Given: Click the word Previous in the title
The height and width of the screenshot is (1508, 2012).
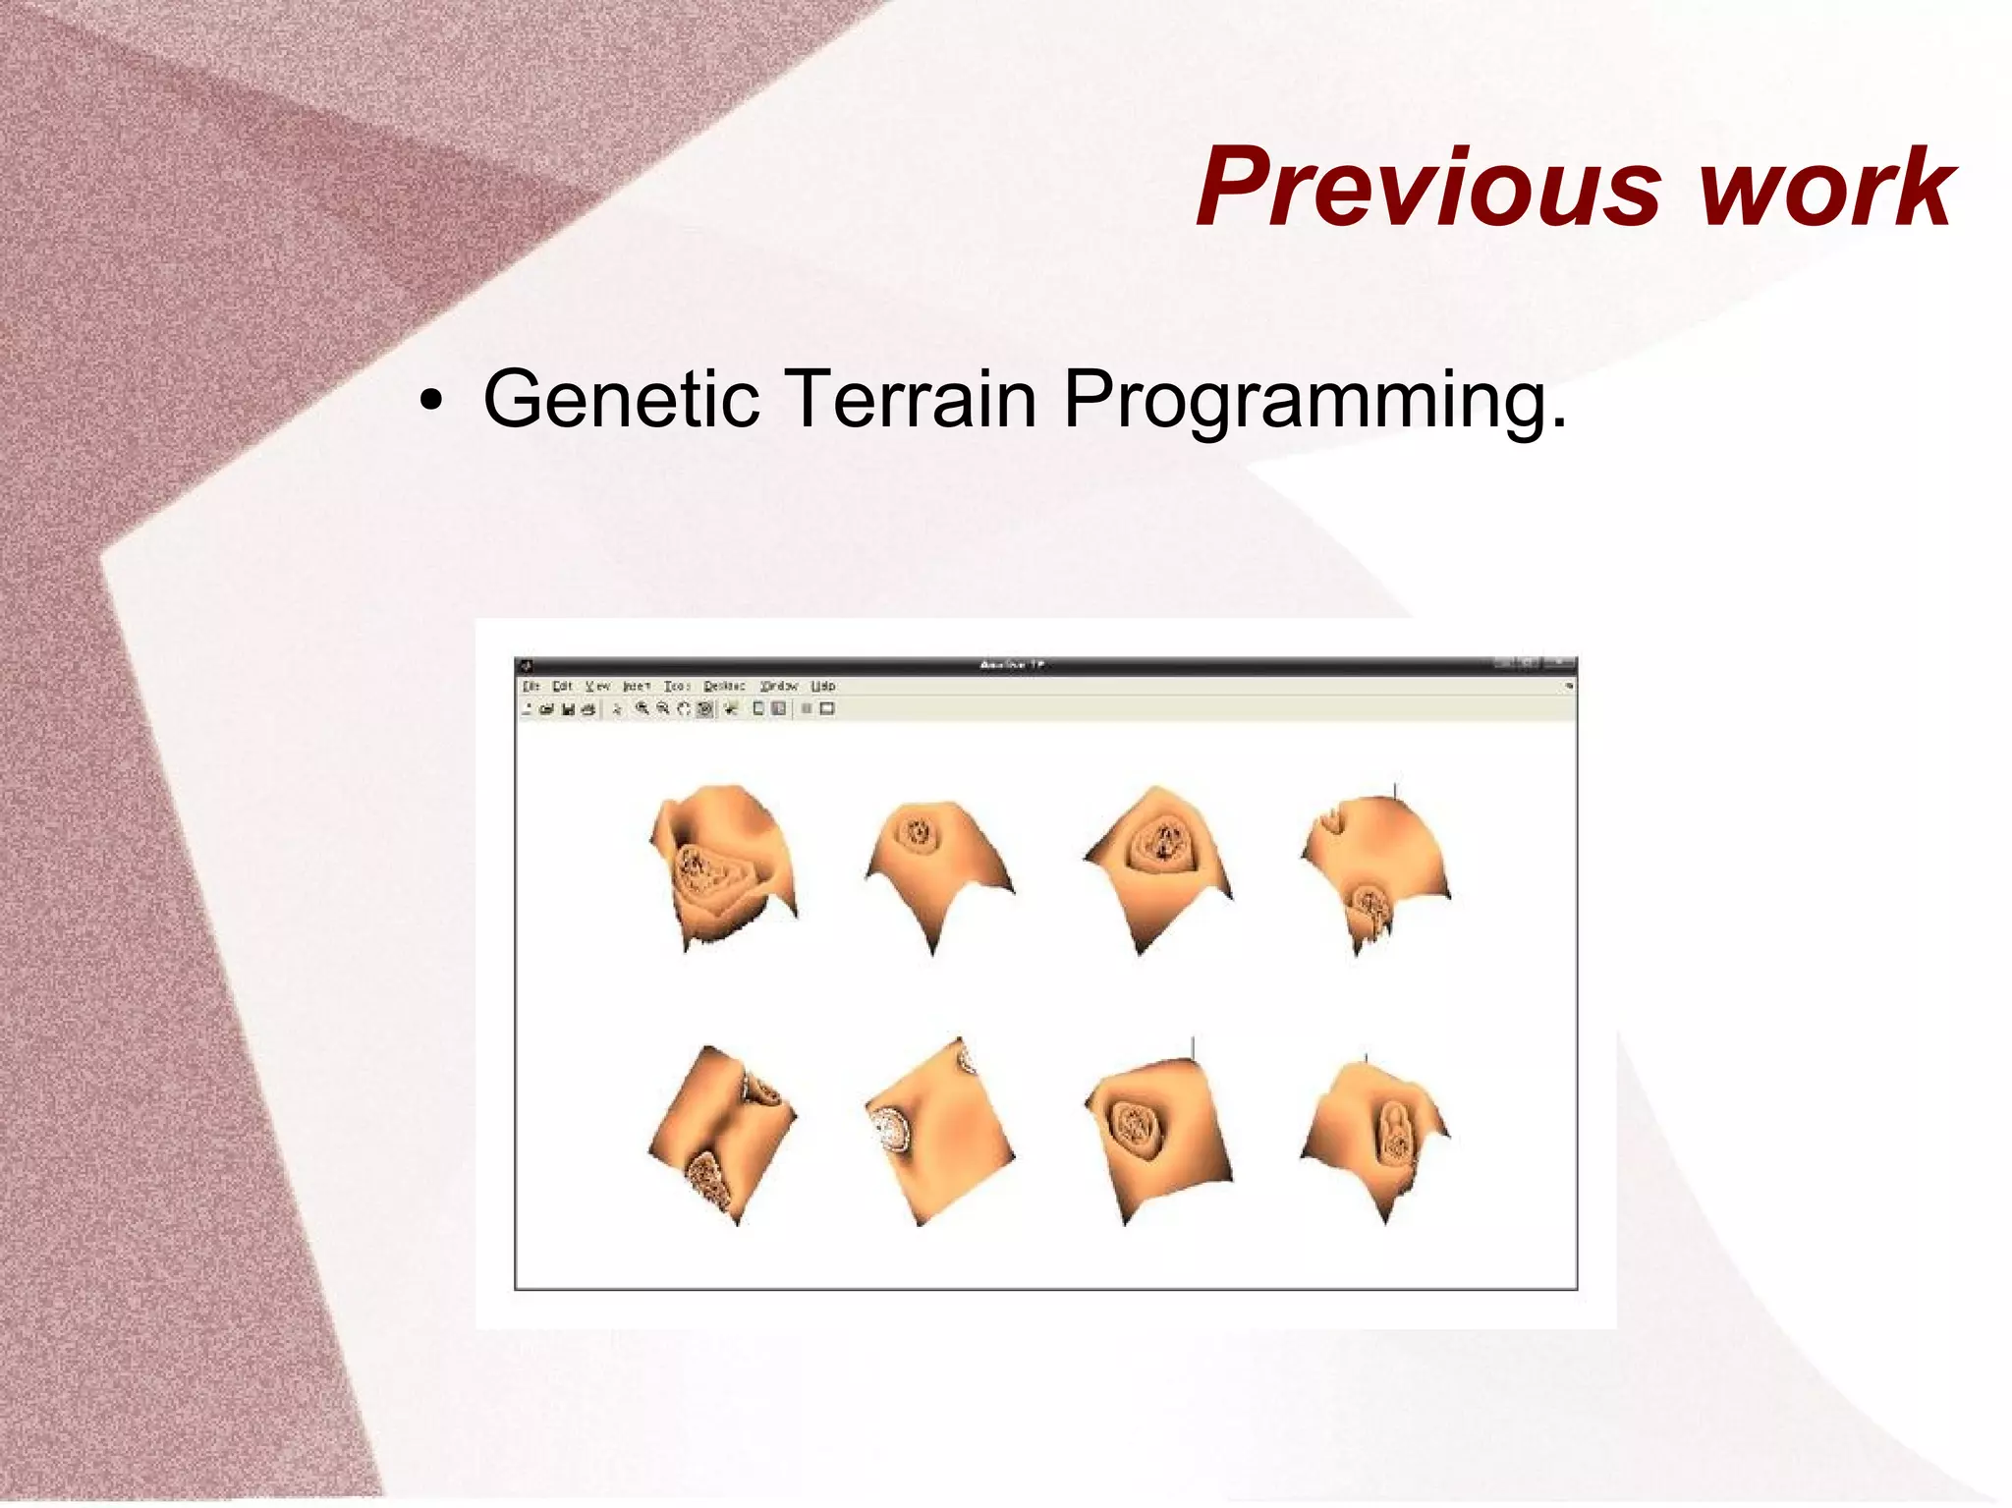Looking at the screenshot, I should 1429,187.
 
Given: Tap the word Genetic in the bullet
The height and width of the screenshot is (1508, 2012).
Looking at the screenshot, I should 621,398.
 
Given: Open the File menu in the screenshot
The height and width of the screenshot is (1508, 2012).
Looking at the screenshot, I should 531,686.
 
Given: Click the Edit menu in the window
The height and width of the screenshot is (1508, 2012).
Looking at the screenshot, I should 562,686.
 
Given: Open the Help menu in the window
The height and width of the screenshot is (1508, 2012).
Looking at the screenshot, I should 823,686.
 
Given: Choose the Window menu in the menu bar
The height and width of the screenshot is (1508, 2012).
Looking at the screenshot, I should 779,686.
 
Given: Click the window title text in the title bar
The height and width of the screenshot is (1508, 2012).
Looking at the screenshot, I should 1012,665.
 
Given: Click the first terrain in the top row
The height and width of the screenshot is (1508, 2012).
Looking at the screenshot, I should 723,865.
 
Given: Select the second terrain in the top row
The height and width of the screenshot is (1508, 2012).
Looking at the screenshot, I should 937,865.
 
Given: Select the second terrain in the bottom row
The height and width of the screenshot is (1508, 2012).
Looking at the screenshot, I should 939,1130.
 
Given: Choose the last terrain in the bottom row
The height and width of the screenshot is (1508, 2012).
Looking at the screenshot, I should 1375,1135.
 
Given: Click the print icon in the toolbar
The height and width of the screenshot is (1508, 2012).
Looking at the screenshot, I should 588,709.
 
